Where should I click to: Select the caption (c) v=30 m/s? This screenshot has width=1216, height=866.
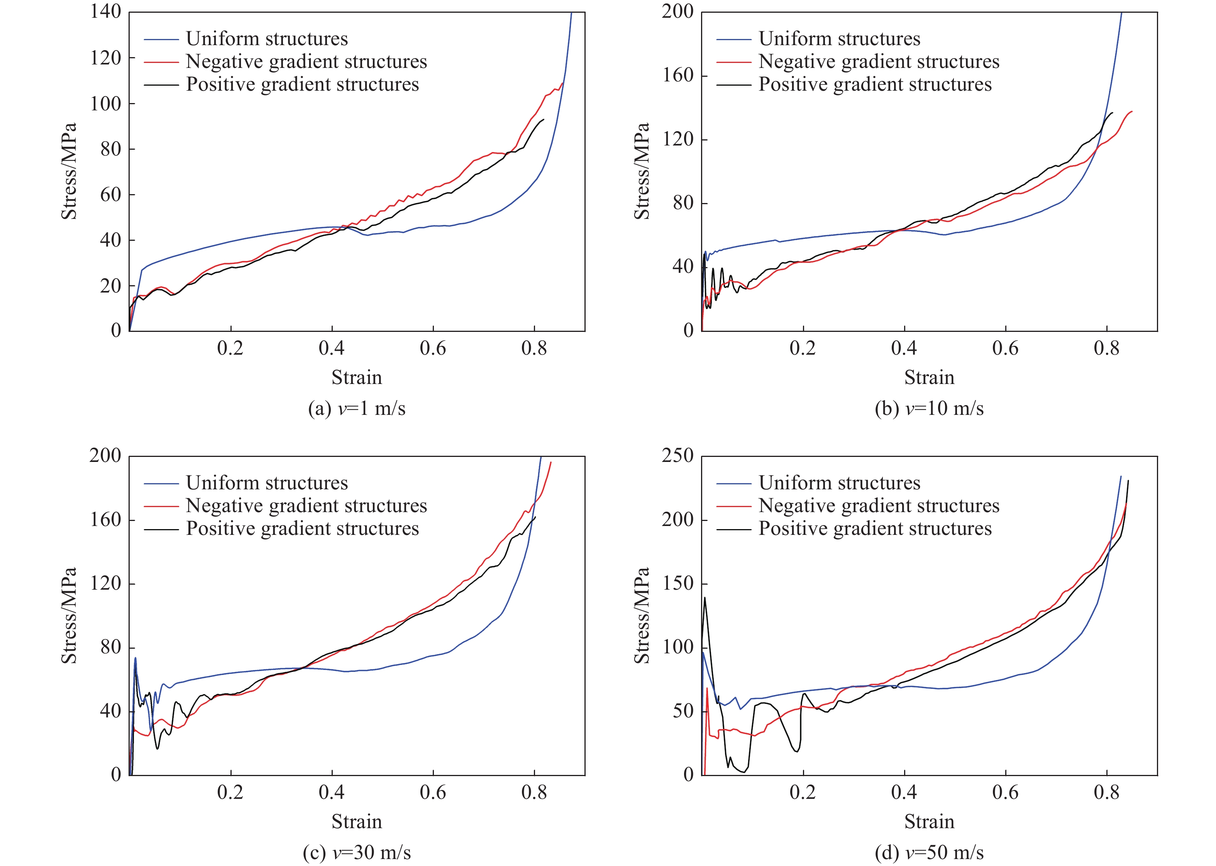coord(356,852)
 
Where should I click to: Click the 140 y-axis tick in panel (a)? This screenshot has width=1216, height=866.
coord(106,12)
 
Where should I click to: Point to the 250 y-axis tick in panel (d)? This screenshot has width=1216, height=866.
coord(677,456)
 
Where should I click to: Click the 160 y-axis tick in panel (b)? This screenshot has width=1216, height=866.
coord(677,75)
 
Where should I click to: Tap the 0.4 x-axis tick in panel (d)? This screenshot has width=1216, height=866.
coord(904,792)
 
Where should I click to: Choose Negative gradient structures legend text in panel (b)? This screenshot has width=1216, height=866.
coord(879,62)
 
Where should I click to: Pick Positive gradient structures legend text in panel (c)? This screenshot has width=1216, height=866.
coord(302,528)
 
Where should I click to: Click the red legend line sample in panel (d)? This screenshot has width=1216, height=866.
coord(734,506)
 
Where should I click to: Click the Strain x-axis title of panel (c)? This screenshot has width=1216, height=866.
coord(356,821)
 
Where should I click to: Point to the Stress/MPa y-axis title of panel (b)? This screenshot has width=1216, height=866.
coord(642,171)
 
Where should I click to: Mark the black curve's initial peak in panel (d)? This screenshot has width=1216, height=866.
coord(705,597)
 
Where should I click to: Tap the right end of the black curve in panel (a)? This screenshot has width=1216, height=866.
coord(544,120)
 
